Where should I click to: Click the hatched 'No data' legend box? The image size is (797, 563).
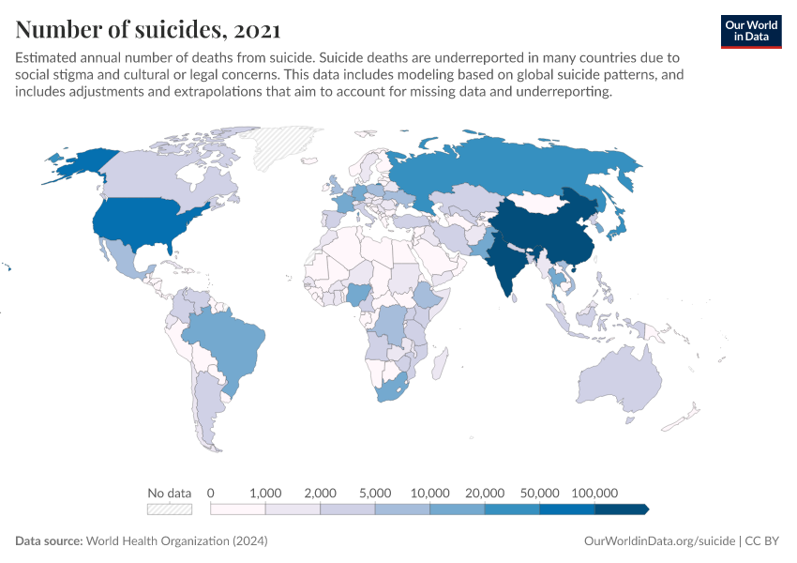click(169, 509)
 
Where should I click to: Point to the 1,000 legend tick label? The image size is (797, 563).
click(265, 493)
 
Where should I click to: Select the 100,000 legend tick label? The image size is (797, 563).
click(594, 493)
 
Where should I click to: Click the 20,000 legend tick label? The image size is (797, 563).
click(485, 493)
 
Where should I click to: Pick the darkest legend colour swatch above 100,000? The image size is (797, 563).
click(621, 509)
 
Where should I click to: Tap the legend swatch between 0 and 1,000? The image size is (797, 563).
click(238, 509)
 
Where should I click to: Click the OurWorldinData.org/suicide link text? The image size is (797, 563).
click(658, 541)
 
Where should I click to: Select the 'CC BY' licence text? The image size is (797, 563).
click(763, 541)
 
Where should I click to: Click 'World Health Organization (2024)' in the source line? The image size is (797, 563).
click(176, 541)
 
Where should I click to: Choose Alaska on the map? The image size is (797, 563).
click(80, 161)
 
